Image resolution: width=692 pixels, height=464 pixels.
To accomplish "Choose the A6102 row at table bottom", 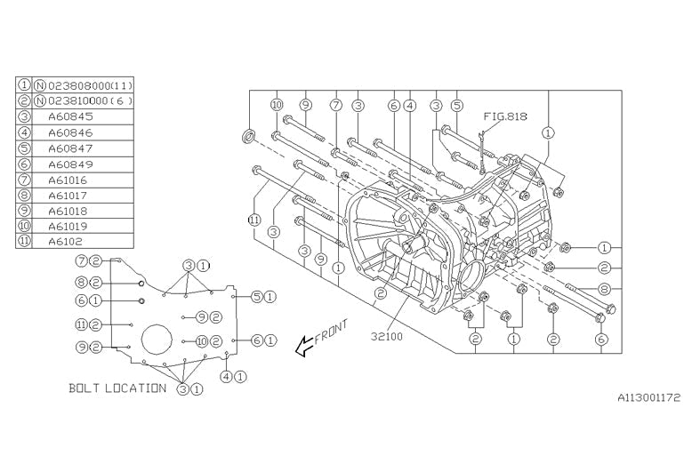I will point(67,241).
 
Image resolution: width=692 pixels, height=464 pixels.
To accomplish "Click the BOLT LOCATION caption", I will point(117,388).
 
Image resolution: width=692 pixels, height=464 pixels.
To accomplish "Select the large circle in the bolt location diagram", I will point(157,341).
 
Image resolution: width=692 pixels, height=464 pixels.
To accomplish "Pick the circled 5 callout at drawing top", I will point(457,105).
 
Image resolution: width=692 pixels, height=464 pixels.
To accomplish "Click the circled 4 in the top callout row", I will point(410,105).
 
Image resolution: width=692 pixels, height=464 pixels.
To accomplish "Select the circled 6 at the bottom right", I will point(602,339).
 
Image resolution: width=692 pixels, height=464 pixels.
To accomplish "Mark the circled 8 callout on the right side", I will point(603,288).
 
